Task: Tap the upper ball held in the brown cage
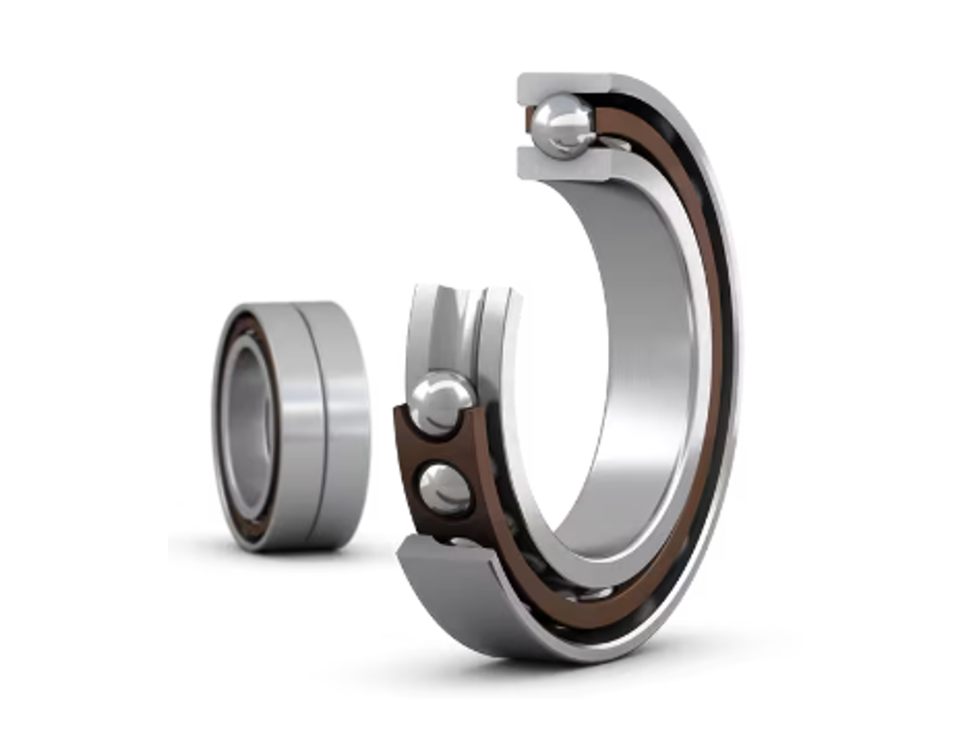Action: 440,403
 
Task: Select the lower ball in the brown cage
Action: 445,489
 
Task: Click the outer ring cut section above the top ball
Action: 562,86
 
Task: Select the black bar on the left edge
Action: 83,366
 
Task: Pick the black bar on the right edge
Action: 892,366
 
